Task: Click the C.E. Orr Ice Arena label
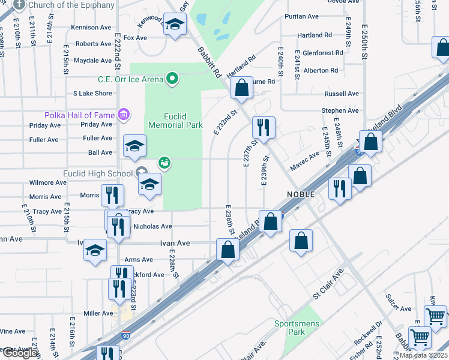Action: coord(130,79)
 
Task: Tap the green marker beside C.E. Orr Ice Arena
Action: coord(173,79)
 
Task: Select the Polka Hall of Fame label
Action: coord(79,115)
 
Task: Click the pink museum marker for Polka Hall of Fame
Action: coord(124,114)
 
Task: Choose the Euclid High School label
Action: coord(98,174)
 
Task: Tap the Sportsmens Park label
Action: coord(294,328)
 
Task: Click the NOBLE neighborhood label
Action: coord(301,194)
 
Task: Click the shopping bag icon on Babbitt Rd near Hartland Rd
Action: coord(241,88)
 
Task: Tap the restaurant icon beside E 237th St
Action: coord(264,127)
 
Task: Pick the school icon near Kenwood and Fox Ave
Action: coord(175,25)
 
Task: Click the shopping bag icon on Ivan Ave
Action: coord(228,250)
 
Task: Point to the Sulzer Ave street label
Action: coord(398,309)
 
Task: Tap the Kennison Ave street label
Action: coord(91,28)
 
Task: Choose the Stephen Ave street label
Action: coord(340,110)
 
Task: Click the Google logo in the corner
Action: coord(20,353)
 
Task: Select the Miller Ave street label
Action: coord(98,313)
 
